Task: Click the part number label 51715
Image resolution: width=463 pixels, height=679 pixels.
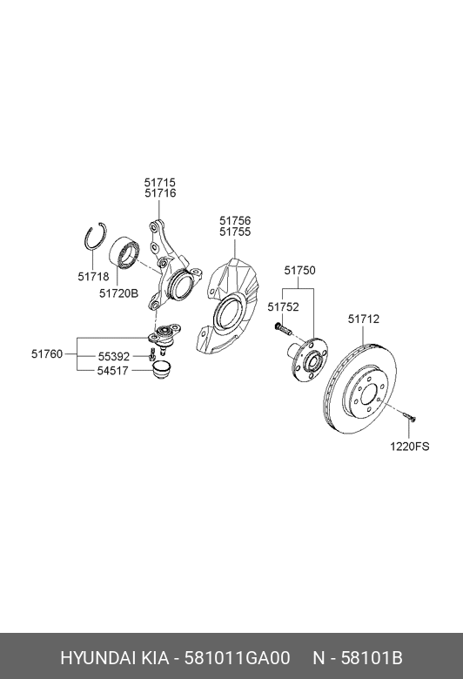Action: point(159,183)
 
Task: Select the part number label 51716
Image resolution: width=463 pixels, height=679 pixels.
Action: point(159,193)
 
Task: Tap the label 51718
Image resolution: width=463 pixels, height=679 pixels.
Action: point(93,276)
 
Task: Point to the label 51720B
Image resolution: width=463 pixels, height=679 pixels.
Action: point(118,293)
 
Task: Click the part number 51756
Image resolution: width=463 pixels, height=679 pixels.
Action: point(235,221)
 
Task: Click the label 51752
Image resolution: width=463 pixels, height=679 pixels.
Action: point(283,306)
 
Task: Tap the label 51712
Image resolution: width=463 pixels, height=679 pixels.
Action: point(364,319)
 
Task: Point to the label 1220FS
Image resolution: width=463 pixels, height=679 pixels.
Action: point(409,447)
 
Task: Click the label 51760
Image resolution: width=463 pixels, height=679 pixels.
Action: point(47,353)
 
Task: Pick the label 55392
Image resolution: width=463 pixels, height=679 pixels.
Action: point(113,357)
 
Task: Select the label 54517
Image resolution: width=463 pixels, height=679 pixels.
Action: point(113,372)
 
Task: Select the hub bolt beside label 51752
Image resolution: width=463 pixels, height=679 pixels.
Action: point(279,331)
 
